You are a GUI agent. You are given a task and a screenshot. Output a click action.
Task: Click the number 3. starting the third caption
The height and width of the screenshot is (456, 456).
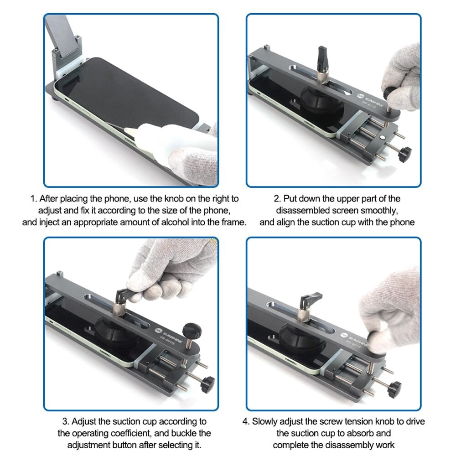(x=66, y=421)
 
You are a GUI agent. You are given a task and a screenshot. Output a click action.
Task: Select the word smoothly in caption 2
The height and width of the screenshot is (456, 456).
(x=377, y=211)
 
